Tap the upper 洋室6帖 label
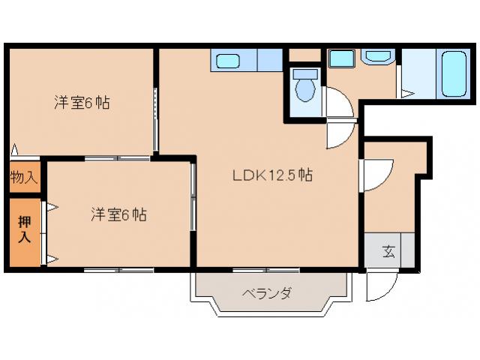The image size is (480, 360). (82, 103)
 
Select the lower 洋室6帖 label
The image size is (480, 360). (118, 214)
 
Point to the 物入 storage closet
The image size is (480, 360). (24, 178)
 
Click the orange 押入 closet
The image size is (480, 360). (24, 231)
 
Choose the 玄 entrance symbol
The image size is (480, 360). (390, 250)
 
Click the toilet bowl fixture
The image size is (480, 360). (304, 87)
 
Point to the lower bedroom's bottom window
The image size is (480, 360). (118, 269)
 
